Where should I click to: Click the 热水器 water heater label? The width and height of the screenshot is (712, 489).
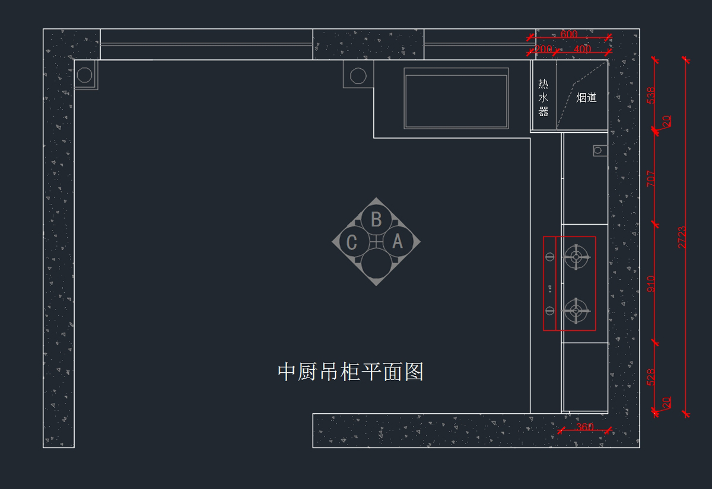[543, 97]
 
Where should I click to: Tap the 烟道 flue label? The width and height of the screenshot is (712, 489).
[586, 98]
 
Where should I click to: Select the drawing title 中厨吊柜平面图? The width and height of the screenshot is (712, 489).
[350, 372]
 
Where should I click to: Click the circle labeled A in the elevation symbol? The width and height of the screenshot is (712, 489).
[398, 242]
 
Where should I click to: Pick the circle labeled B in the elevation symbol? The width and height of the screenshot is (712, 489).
[376, 220]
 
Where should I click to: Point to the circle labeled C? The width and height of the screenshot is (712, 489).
[352, 242]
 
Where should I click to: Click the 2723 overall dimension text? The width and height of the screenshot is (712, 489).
[682, 236]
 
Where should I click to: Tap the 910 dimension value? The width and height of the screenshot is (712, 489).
[651, 283]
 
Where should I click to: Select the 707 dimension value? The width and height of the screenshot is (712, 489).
[651, 178]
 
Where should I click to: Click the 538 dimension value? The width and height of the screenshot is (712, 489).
[651, 95]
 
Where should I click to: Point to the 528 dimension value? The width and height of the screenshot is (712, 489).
[651, 377]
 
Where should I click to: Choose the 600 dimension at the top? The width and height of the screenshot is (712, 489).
[568, 34]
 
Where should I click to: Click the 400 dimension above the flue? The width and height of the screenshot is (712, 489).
[582, 49]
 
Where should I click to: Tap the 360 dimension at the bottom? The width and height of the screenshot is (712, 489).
[585, 427]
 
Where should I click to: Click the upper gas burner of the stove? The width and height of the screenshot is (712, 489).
[576, 257]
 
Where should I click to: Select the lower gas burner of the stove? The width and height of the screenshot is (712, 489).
[576, 310]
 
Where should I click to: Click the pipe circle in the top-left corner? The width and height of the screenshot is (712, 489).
[85, 75]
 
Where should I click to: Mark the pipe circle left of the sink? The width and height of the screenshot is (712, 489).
[358, 76]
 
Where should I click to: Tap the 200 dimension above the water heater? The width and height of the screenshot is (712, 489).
[543, 49]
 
